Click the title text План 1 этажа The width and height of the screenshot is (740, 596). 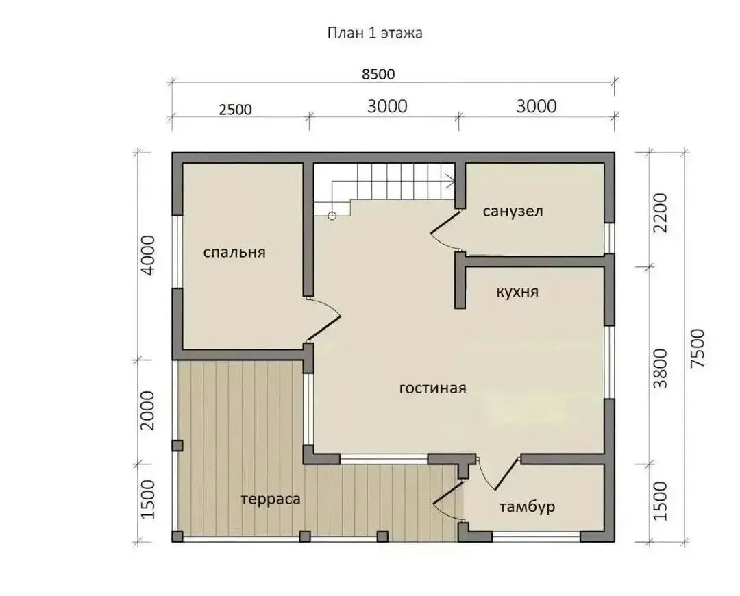[375, 33]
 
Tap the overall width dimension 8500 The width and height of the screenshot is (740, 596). [378, 74]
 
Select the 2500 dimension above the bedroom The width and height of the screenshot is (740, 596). [236, 110]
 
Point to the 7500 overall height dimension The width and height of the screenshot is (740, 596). [697, 348]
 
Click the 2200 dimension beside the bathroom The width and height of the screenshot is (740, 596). [661, 212]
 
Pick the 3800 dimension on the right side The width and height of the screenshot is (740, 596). [661, 368]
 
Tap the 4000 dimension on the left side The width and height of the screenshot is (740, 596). [148, 256]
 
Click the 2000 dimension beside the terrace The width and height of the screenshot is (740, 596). [148, 410]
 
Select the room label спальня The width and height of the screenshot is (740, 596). [234, 253]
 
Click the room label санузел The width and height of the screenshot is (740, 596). [513, 212]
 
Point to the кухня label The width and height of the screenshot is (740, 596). [517, 292]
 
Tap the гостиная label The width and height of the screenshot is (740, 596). [433, 388]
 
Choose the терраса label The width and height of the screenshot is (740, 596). [271, 499]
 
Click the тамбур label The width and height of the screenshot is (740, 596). [527, 507]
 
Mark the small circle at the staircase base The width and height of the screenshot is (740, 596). [332, 216]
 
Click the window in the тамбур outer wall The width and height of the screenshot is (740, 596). [536, 536]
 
